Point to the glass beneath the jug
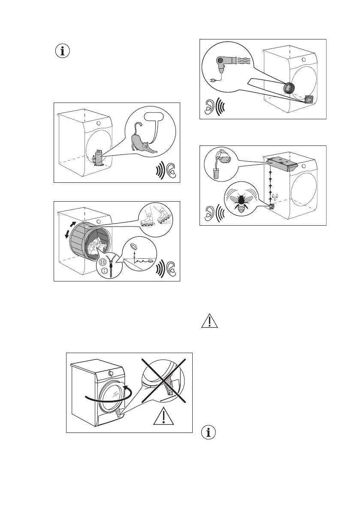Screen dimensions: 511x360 tap(217, 172)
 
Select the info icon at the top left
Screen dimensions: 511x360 tap(63, 51)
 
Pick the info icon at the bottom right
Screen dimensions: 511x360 tap(209, 433)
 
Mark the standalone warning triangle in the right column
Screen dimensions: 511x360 tap(208, 322)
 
